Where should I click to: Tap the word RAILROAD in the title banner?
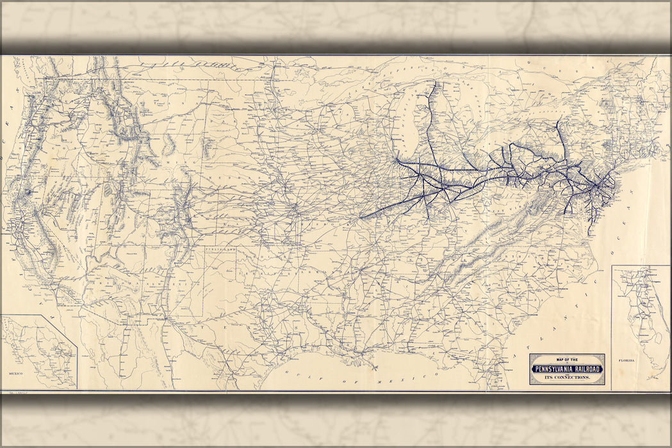point(587,369)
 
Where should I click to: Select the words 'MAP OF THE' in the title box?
point(567,360)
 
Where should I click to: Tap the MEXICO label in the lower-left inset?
point(16,372)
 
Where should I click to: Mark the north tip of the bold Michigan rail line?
point(434,83)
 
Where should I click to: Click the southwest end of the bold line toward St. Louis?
point(360,218)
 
